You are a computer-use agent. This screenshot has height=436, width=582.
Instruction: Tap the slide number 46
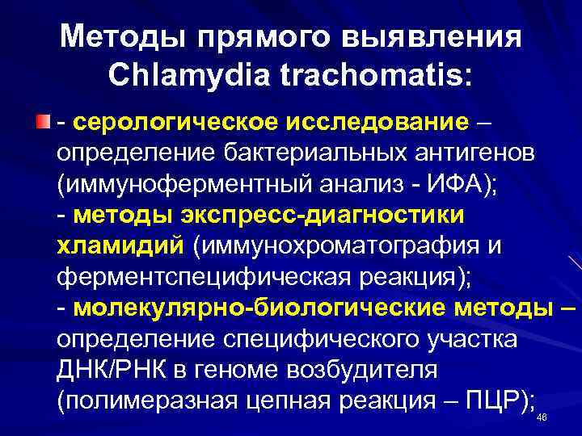[542, 417]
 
